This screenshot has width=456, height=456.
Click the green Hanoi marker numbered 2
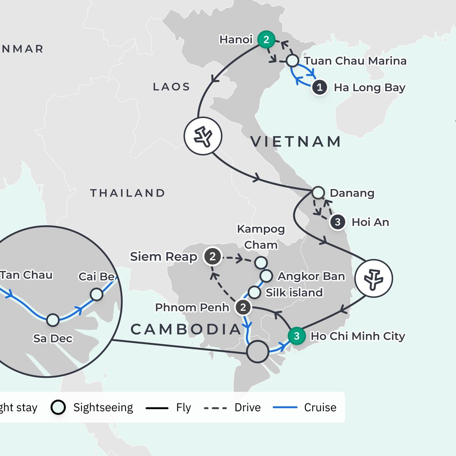pos(266,40)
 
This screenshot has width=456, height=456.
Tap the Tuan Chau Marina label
pos(355,61)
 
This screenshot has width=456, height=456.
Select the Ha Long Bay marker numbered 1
pos(320,88)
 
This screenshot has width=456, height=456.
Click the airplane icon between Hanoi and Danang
pos(203,136)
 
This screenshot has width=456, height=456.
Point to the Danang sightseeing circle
pos(318,193)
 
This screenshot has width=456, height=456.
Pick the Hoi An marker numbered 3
pos(337,222)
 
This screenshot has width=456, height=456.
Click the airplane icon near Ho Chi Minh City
pos(374,279)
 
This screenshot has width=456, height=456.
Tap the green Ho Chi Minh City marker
pos(297,336)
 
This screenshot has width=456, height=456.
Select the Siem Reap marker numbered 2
pos(212,257)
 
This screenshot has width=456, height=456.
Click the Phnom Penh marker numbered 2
pos(243,307)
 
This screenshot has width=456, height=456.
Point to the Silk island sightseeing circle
pos(254,292)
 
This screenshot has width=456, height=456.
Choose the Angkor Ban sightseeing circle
pos(266,275)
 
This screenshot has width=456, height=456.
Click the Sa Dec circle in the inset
pos(53,320)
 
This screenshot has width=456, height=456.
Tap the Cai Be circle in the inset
pos(97,294)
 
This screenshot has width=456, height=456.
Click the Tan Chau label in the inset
pos(26,275)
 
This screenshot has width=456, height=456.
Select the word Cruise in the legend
pos(320,407)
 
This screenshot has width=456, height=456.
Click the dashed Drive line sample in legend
pos(215,408)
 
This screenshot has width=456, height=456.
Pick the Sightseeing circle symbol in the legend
pos(58,407)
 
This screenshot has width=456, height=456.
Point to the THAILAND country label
pos(127,193)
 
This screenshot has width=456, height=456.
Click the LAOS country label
pos(171,87)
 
